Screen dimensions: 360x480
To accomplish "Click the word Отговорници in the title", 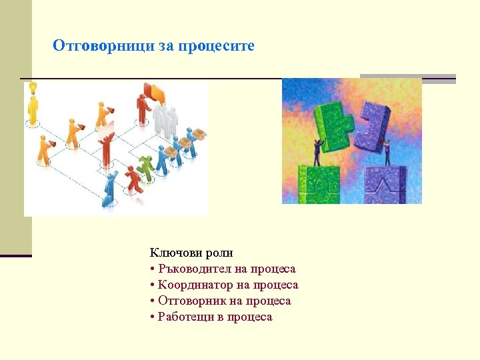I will pyautogui.click(x=104, y=46).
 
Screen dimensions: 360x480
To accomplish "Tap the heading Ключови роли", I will pyautogui.click(x=191, y=253).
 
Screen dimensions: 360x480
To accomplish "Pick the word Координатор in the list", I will pyautogui.click(x=195, y=285).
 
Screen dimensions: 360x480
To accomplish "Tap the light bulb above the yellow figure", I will pyautogui.click(x=31, y=87).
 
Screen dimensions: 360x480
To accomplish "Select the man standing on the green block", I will pyautogui.click(x=317, y=151).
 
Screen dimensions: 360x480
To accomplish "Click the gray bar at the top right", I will pyautogui.click(x=407, y=78).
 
